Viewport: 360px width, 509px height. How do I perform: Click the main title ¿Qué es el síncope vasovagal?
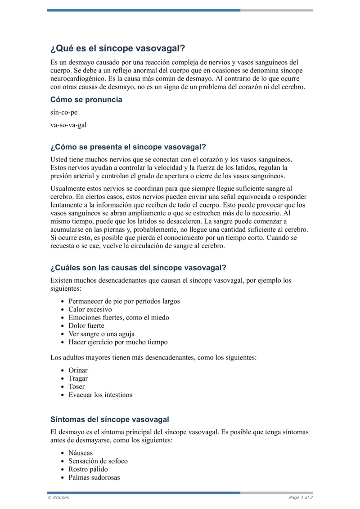117,49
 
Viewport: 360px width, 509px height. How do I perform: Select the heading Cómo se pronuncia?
86,99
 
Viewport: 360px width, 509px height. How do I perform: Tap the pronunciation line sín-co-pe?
64,113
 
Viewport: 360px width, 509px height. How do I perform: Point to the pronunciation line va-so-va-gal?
68,125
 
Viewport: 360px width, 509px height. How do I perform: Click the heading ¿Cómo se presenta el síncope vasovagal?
128,147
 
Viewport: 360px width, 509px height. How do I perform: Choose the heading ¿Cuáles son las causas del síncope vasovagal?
138,267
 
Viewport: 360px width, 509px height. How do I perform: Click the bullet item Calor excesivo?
90,310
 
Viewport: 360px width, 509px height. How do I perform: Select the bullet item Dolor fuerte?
86,326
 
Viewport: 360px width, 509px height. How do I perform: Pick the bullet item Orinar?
78,370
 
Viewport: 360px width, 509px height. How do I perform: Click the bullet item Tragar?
78,378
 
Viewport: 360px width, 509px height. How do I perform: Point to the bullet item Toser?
76,387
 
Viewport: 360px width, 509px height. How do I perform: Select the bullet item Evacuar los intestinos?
100,395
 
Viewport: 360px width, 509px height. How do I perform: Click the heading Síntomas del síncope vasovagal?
110,419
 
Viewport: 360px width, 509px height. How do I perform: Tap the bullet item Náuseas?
81,453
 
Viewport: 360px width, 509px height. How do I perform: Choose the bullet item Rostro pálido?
88,469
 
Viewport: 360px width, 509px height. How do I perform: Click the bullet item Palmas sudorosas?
94,477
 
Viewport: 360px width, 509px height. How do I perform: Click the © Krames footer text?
58,498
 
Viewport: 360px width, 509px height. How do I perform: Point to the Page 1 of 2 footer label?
301,498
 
